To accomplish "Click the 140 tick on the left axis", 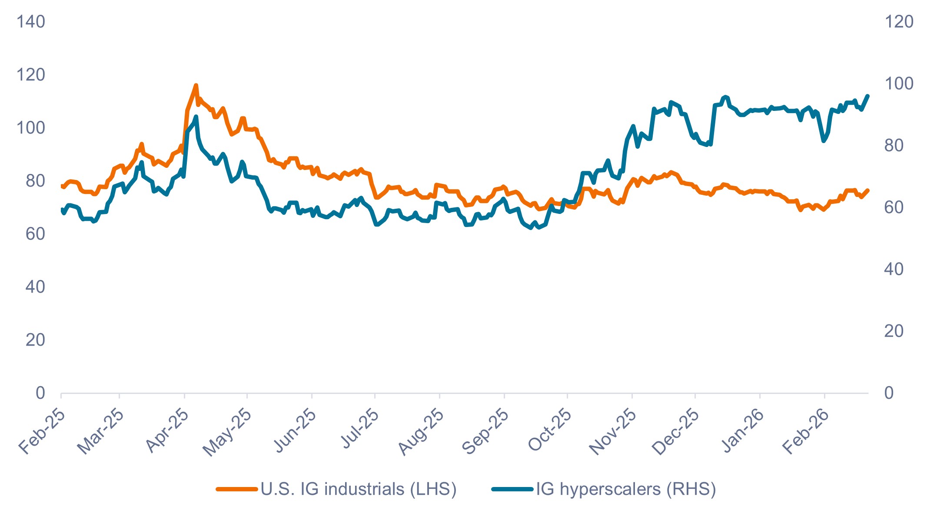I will pos(30,22).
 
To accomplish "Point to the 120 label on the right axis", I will pos(899,22).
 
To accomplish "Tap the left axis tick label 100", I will pos(30,128).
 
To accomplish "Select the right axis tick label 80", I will pos(894,146).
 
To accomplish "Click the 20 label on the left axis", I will pos(35,340).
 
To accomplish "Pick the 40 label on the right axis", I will pos(894,270).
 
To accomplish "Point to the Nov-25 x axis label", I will pos(613,431).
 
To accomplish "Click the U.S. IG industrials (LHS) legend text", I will pos(359,489).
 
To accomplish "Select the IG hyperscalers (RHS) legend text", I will pos(626,489).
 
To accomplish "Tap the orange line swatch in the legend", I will pos(237,490).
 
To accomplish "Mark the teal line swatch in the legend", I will pos(512,490).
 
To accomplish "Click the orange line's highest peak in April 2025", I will pos(196,85).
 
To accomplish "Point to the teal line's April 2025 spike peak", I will pos(196,117).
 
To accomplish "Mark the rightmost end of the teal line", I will pos(868,96).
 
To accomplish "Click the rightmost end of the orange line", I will pos(868,190).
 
